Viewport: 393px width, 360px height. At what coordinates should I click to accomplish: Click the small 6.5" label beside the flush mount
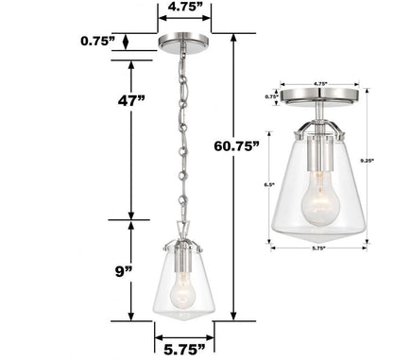click(270, 184)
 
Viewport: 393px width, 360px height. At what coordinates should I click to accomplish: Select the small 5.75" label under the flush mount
click(324, 253)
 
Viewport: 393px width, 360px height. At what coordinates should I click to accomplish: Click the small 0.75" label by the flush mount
click(272, 96)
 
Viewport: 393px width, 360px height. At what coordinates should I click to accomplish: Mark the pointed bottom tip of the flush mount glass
click(323, 244)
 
